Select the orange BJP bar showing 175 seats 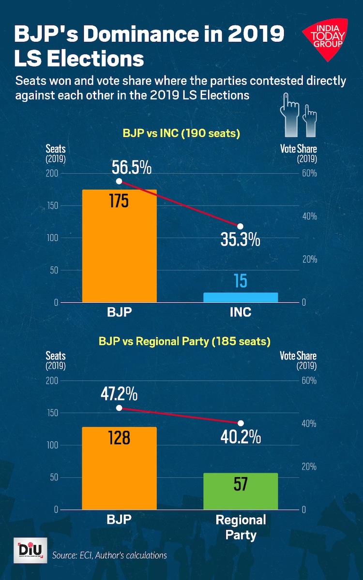pos(119,246)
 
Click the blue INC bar pos(241,297)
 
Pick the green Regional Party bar pos(241,491)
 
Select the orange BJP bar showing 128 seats pos(119,468)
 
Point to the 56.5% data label pos(132,168)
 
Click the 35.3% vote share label pos(240,239)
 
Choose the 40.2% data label pos(241,437)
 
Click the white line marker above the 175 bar pos(119,181)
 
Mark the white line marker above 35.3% pos(241,226)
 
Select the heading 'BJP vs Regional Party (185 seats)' pos(184,341)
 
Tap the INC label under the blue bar pos(241,312)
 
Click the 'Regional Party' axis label pos(241,527)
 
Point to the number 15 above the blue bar pos(241,282)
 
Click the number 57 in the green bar pos(241,484)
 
